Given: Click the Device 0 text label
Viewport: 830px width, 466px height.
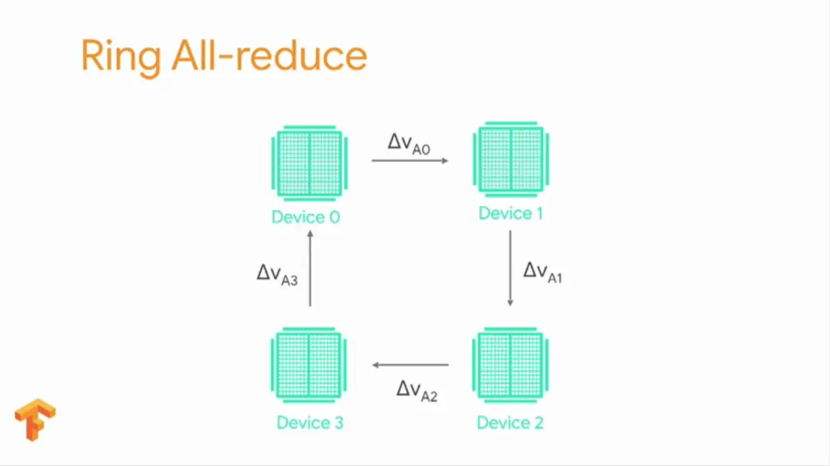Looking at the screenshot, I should click(x=306, y=217).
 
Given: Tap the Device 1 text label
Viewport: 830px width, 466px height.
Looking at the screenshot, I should click(x=510, y=213).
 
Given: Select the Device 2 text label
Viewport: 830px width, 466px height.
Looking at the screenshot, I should click(x=510, y=422).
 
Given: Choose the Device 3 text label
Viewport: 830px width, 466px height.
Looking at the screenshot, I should click(x=310, y=422).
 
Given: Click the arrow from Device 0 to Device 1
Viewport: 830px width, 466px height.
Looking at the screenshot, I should click(x=409, y=161).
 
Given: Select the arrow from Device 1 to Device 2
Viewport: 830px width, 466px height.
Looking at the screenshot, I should click(x=510, y=268).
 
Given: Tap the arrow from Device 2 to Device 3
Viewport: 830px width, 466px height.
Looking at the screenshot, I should click(x=411, y=364).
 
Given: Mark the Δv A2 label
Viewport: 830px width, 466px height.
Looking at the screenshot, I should click(x=417, y=390).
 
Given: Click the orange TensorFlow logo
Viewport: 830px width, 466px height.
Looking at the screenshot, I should click(x=35, y=419).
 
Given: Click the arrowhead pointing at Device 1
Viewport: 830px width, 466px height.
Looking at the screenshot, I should click(x=445, y=161).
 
